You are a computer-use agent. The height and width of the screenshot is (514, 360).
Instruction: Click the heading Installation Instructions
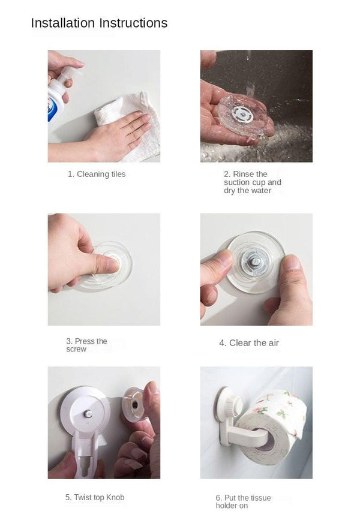click(x=99, y=23)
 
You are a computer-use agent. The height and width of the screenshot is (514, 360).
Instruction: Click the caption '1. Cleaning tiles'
click(x=97, y=174)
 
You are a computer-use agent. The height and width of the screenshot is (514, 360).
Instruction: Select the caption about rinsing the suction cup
click(x=252, y=182)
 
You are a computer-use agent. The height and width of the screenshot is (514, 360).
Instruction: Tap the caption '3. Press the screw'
click(x=86, y=345)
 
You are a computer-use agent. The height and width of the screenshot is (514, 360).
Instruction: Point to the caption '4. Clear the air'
click(x=249, y=343)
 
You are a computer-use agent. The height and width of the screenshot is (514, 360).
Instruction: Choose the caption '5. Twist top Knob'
click(x=95, y=497)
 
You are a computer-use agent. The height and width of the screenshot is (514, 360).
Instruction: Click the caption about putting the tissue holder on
click(x=244, y=501)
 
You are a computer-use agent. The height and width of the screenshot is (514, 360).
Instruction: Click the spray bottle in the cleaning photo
click(x=57, y=99)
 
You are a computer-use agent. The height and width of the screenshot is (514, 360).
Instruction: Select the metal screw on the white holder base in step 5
click(x=88, y=413)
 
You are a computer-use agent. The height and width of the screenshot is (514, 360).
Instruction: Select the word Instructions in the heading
click(x=133, y=23)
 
